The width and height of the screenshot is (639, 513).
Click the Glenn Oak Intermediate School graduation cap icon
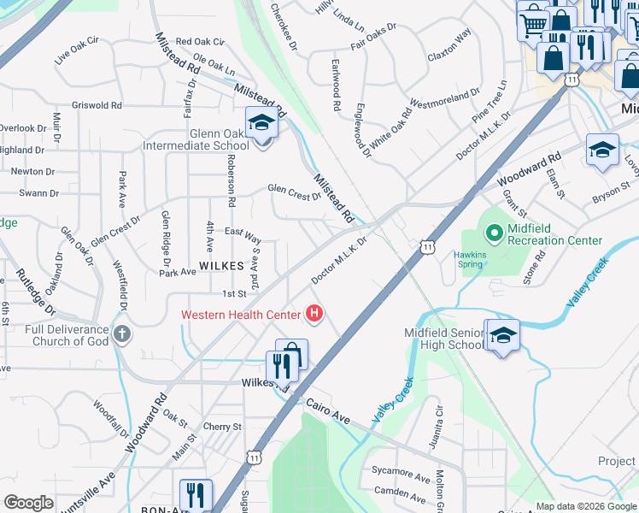pyautogui.click(x=261, y=123)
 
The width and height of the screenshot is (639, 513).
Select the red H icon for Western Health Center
pyautogui.click(x=314, y=315)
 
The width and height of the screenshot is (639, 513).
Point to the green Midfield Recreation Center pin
pyautogui.click(x=493, y=232)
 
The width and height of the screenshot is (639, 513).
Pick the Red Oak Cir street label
pyautogui.click(x=199, y=41)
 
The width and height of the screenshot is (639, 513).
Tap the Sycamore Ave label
pyautogui.click(x=401, y=473)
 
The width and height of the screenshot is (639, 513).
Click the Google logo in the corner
pyautogui.click(x=28, y=503)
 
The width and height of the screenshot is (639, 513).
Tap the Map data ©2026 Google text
pyautogui.click(x=586, y=506)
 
